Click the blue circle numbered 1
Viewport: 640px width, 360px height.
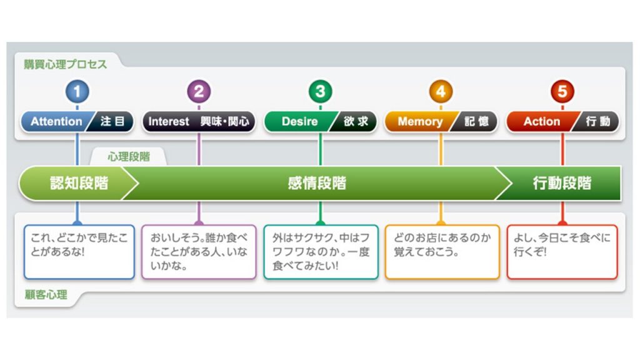click(x=77, y=91)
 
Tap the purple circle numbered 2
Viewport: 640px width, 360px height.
click(x=199, y=91)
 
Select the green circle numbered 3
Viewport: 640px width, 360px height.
click(x=321, y=91)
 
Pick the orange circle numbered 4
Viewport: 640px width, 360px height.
click(x=441, y=91)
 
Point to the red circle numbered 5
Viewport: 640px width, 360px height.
click(x=562, y=91)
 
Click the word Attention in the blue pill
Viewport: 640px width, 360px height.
click(x=56, y=121)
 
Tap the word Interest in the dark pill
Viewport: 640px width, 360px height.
click(x=169, y=121)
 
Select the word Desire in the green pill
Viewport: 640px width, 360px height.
click(x=299, y=121)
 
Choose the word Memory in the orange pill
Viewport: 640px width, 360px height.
click(x=420, y=121)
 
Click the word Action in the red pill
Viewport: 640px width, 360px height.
click(x=542, y=121)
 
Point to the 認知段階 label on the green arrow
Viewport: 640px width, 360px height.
click(x=79, y=183)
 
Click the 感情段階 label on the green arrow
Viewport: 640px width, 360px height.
click(x=317, y=183)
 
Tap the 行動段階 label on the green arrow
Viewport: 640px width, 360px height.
click(x=562, y=183)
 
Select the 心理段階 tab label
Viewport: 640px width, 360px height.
click(x=129, y=157)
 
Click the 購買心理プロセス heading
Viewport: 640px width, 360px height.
click(x=65, y=64)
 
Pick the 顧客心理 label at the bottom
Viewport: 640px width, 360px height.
click(x=46, y=295)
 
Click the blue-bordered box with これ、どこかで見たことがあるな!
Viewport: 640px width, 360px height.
click(x=79, y=252)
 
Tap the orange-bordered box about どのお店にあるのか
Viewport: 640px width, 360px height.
click(x=442, y=252)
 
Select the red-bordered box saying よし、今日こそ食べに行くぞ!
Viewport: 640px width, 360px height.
click(x=562, y=252)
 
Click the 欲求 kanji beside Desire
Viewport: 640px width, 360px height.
click(x=356, y=121)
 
